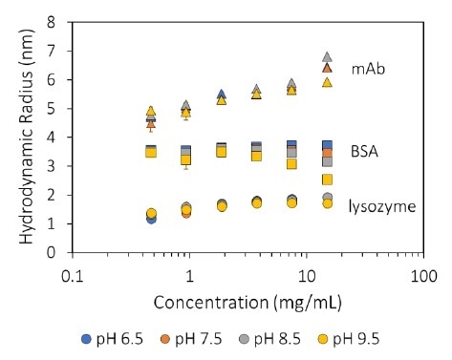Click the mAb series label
[367, 70]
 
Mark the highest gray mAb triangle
[327, 57]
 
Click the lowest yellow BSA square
[327, 180]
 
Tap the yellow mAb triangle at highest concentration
[327, 82]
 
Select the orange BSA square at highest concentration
[327, 153]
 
